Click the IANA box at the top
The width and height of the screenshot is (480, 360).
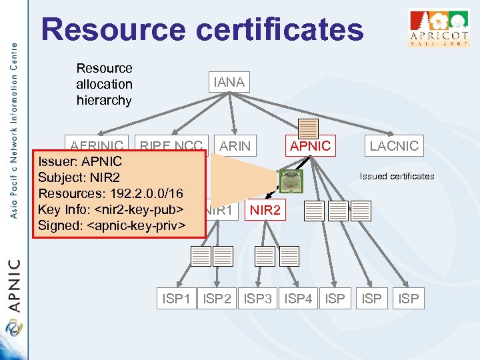[229, 82]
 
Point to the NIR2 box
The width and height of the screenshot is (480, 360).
[267, 211]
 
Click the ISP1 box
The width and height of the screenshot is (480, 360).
[176, 299]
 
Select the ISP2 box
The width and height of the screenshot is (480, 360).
[217, 299]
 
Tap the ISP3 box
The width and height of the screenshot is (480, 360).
[258, 299]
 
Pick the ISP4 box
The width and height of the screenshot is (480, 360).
[298, 299]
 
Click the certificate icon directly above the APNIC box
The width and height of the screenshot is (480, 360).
[308, 129]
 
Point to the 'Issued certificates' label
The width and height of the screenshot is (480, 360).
[397, 176]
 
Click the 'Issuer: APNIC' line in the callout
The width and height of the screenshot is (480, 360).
[80, 161]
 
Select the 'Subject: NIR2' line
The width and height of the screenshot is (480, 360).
[79, 177]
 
